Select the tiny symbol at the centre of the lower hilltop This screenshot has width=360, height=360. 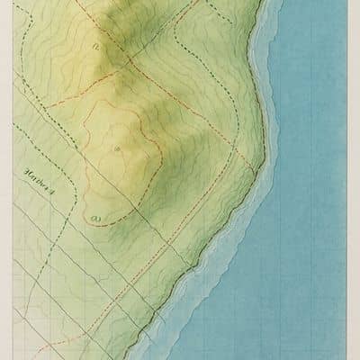pos(116,147)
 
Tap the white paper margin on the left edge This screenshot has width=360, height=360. pos(5,180)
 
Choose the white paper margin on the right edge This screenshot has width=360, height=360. pos(354,180)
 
